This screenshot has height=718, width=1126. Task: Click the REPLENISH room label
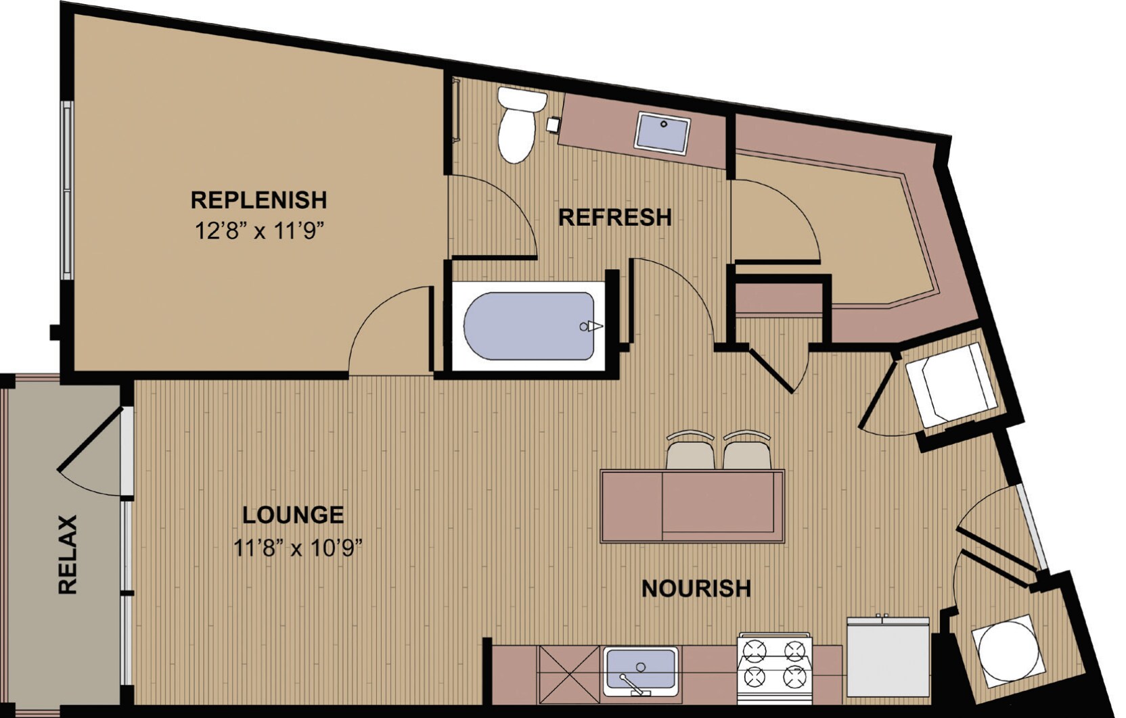coord(258,200)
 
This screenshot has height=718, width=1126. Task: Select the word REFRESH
coord(614,218)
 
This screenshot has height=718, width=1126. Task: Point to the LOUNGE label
coord(293,515)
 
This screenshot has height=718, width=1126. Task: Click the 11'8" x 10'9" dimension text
coord(298,547)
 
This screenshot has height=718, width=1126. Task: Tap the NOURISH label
coord(696,588)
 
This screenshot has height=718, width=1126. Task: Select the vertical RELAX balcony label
coord(68,554)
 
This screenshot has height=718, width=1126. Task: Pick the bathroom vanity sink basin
coord(661,133)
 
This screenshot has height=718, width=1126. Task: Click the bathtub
coord(529,326)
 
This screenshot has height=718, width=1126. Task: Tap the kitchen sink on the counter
coord(640,669)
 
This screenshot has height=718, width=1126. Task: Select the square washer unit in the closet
coord(950,384)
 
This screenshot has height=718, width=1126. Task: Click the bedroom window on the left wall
coord(67,189)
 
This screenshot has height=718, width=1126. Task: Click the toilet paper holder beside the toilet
coord(554,124)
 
